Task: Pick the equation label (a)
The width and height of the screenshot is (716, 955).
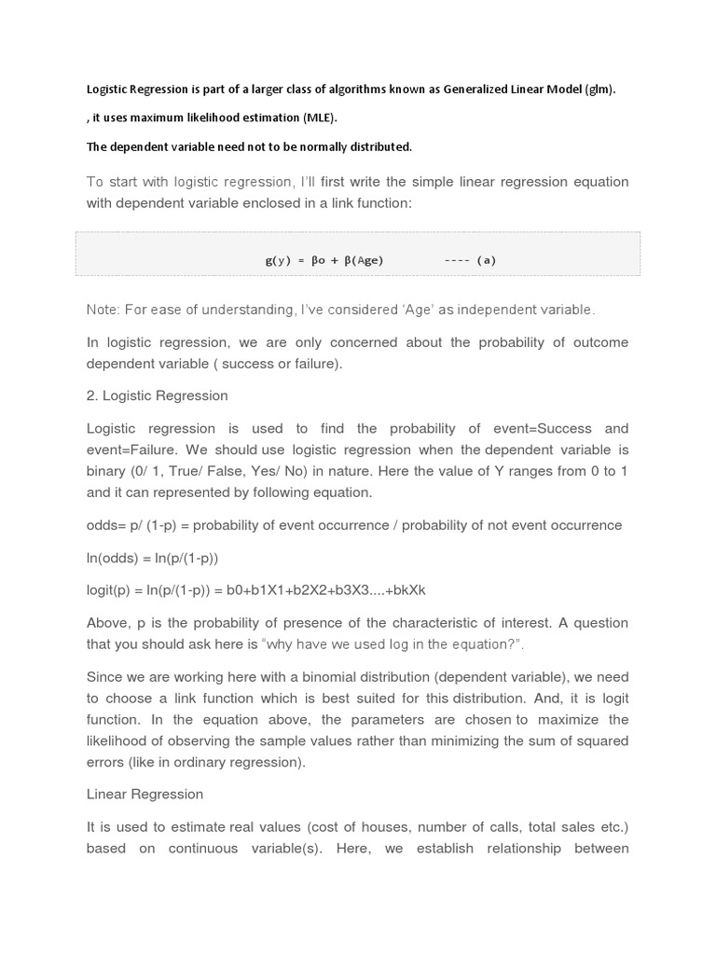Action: click(x=486, y=260)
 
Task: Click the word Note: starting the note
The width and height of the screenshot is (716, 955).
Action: click(x=103, y=310)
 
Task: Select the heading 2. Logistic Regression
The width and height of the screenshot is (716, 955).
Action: click(x=157, y=395)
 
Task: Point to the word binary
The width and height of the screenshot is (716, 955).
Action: click(x=106, y=471)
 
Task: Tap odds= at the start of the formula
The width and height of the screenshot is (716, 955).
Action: click(x=104, y=525)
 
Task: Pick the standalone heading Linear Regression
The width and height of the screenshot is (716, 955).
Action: click(x=145, y=795)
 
